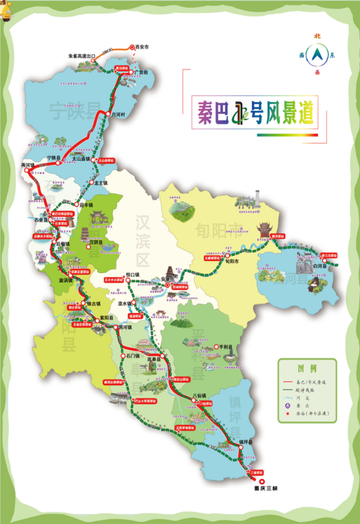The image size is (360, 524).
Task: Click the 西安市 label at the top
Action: [x=142, y=47]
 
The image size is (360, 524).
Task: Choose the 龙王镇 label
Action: [x=100, y=184]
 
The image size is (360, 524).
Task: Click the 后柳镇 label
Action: [x=63, y=242]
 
